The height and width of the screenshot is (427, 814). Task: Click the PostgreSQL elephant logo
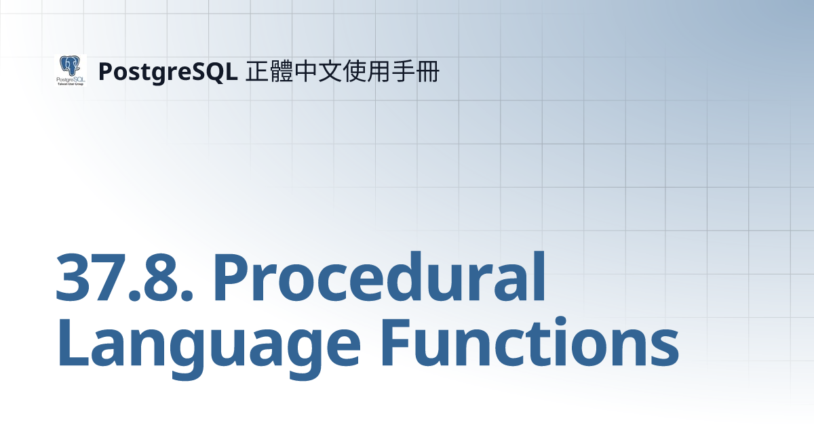click(70, 70)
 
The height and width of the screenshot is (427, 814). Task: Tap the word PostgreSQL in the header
click(167, 72)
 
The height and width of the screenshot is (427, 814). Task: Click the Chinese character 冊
click(427, 71)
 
